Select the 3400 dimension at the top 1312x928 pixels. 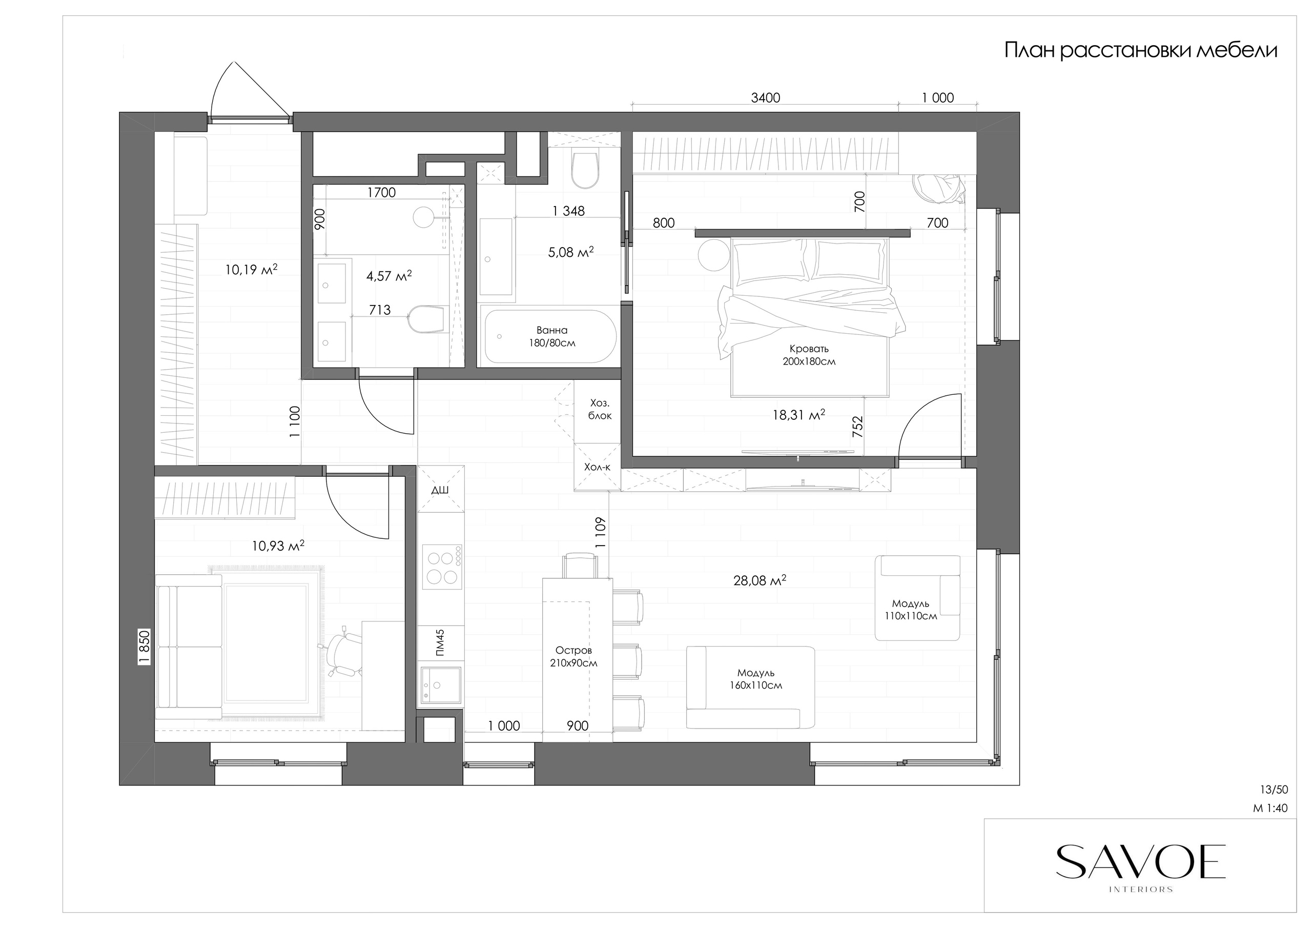765,98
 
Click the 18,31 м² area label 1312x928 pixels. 798,415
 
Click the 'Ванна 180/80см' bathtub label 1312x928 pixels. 552,337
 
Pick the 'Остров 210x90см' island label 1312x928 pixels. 573,656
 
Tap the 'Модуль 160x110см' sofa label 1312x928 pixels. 756,679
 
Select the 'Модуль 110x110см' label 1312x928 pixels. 911,610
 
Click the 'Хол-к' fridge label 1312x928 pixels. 597,467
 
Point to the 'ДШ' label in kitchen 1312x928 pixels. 440,490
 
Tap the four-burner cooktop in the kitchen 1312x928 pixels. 442,567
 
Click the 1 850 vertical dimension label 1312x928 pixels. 145,647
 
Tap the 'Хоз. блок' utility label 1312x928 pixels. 600,409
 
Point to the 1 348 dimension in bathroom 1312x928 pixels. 568,211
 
